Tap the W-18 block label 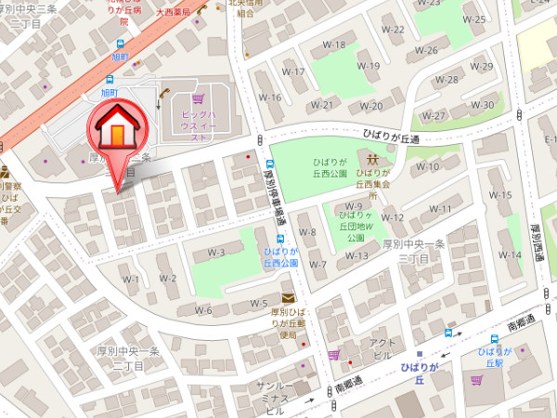[333, 45]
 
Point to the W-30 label [483, 104]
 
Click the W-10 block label [427, 166]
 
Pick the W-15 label [500, 195]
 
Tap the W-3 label [216, 252]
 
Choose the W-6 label [204, 310]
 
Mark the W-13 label [357, 255]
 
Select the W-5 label [259, 304]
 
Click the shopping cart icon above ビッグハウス [197, 98]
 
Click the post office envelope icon [288, 298]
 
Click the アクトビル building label [383, 348]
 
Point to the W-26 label [426, 50]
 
